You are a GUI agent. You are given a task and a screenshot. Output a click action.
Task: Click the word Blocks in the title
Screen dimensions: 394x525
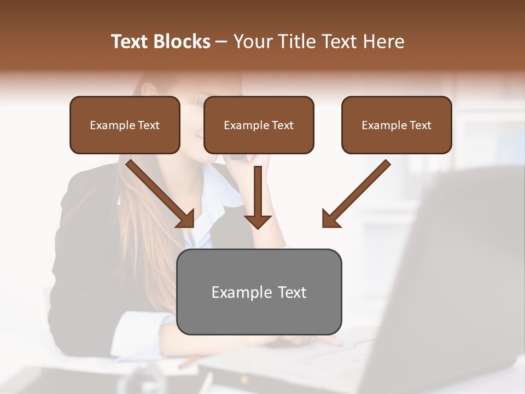[181, 42]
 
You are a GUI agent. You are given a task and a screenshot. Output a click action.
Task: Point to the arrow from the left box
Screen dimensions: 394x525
[159, 192]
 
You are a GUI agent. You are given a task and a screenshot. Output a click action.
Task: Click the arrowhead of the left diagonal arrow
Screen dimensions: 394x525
[186, 219]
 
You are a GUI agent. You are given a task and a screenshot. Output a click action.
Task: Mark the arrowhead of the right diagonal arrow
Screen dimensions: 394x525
[331, 219]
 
